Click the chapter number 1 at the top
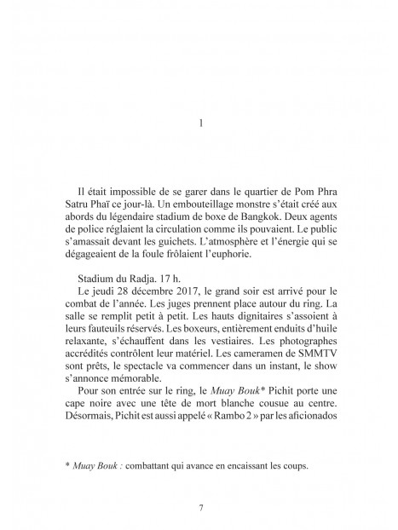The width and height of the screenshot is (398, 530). point(199,123)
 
